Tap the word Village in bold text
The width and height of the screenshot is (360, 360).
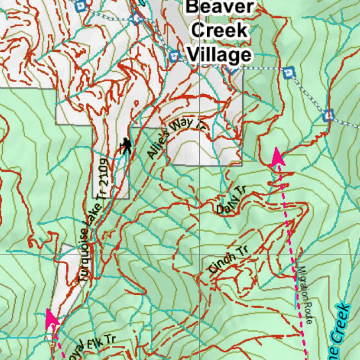coord(219,54)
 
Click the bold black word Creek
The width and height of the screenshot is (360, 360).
coord(220,31)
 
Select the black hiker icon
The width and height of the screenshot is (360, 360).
coord(126,146)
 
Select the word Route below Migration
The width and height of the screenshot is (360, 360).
coord(308,313)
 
